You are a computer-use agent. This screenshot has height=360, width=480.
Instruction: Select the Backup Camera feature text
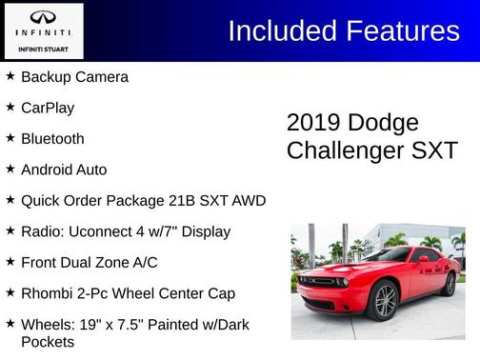point(74,77)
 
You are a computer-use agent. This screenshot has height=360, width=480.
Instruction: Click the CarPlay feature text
point(48,108)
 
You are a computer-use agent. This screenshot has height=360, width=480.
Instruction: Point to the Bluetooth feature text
point(52,138)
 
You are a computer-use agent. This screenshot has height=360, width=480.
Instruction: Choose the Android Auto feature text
point(64,170)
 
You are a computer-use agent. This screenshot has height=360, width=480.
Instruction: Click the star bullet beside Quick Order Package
point(10,200)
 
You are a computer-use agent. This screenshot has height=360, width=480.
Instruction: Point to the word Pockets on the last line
point(48,340)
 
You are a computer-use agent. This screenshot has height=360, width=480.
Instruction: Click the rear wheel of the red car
point(449,283)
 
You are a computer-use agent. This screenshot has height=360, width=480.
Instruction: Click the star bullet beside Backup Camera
point(10,76)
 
